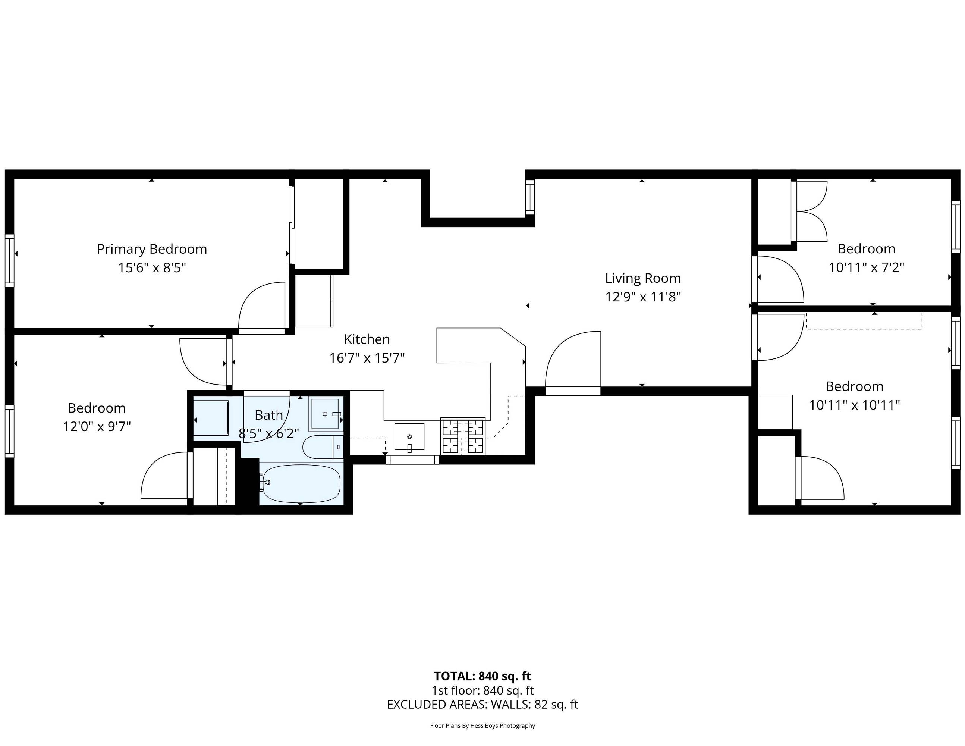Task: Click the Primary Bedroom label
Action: [x=152, y=249]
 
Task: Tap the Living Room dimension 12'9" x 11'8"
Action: [x=643, y=297]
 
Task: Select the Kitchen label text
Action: [x=367, y=339]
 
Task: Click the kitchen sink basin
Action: [x=409, y=437]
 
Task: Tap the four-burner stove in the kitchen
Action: [x=463, y=436]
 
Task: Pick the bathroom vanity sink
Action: [x=325, y=414]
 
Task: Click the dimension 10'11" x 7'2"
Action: [x=867, y=267]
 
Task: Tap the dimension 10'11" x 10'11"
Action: [x=855, y=405]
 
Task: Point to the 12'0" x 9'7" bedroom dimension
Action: [x=97, y=426]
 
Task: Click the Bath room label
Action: [x=268, y=415]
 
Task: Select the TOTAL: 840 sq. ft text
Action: [x=482, y=676]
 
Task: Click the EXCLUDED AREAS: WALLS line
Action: [x=482, y=705]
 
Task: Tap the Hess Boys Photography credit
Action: [x=482, y=725]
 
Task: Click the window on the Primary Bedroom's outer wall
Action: [x=10, y=261]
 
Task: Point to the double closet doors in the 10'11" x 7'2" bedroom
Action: [x=810, y=211]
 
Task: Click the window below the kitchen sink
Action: [x=413, y=460]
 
